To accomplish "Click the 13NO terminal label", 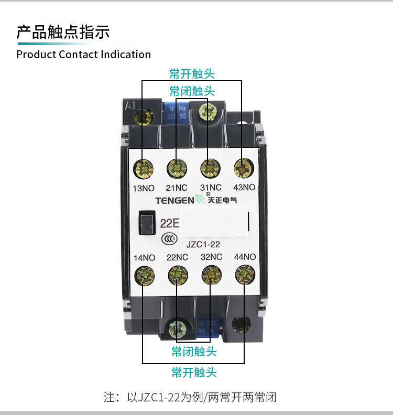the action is tap(143, 188).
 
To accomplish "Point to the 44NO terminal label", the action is tap(245, 257).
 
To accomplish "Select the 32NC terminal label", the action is tap(211, 257).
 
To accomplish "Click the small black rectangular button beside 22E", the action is tap(146, 222).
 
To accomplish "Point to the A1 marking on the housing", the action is tap(130, 105).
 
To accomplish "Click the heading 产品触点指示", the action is tap(63, 32).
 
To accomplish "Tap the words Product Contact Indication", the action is tap(84, 54).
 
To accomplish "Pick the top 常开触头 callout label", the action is tap(192, 73).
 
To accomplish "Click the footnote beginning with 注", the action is tap(190, 397).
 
